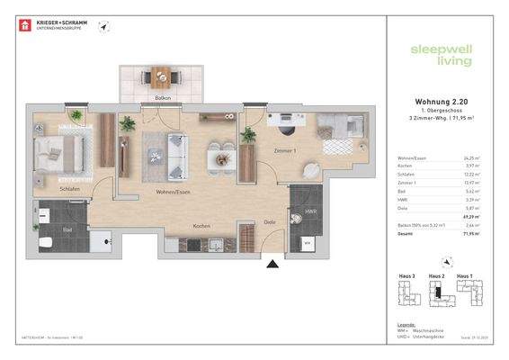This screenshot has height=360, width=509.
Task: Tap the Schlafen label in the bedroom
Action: (x=47, y=190)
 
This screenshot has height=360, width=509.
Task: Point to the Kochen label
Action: (x=202, y=226)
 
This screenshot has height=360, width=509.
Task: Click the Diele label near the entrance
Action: (x=269, y=221)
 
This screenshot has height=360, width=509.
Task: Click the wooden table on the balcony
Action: (x=164, y=77)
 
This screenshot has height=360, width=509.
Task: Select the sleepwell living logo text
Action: (x=435, y=56)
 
